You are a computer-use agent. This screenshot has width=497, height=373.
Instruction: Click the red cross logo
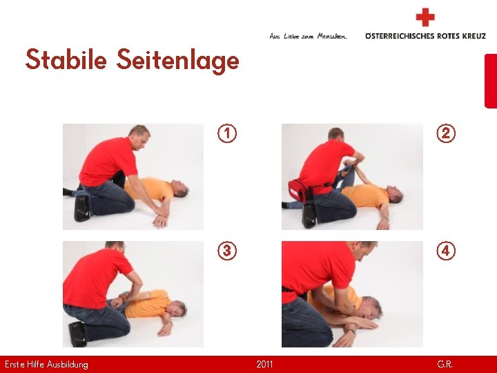425,17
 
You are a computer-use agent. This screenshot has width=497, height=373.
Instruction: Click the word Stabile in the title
66,59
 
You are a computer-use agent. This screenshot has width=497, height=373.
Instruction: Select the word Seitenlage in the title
178,61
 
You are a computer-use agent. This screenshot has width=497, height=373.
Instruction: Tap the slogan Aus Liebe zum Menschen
308,36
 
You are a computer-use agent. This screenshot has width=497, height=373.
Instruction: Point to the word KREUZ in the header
474,36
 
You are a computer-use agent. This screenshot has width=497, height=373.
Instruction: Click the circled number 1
227,133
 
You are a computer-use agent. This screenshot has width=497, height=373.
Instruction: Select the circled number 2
446,133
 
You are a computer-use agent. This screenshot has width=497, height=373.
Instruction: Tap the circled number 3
227,251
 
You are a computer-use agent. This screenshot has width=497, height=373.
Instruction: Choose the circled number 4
446,251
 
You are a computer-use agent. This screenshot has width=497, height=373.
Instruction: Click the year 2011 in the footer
264,364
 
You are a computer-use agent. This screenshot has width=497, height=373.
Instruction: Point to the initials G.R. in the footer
445,364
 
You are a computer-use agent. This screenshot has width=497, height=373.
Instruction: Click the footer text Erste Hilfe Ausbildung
46,365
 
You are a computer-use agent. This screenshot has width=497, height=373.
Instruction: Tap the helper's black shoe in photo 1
82,208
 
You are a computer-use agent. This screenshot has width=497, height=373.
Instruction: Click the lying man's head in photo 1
179,189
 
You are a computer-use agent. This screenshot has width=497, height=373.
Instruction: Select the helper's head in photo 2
336,134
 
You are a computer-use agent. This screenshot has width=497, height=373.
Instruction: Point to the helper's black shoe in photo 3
77,334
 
